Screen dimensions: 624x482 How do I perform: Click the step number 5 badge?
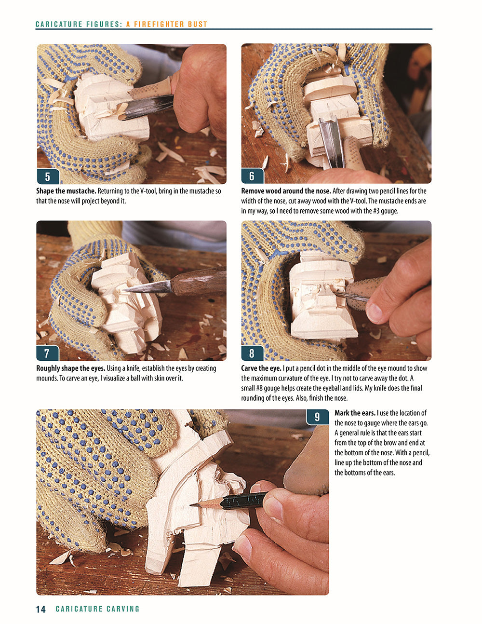point(47,176)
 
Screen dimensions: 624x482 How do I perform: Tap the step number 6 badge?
point(252,176)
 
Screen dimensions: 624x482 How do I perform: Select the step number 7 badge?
point(47,353)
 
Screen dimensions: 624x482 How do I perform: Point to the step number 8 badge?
point(252,353)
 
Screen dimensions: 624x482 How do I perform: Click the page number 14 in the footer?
point(41,609)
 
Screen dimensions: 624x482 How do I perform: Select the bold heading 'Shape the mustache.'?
point(66,191)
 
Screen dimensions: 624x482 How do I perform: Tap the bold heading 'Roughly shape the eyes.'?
point(70,368)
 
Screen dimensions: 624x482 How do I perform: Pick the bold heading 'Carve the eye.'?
point(261,368)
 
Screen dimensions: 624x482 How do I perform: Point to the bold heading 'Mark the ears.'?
point(355,413)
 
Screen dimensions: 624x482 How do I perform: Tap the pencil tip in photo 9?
point(193,505)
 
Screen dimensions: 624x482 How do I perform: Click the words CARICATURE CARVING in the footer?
point(97,609)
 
